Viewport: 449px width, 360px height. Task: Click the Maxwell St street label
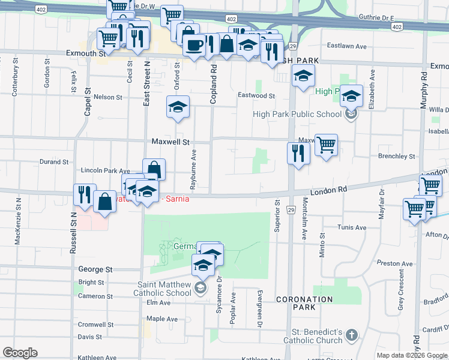pyautogui.click(x=170, y=142)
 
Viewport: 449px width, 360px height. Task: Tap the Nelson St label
pyautogui.click(x=107, y=97)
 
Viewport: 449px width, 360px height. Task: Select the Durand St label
pyautogui.click(x=54, y=162)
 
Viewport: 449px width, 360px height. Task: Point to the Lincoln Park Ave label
pyautogui.click(x=105, y=171)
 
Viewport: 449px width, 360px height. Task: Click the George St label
pyautogui.click(x=95, y=270)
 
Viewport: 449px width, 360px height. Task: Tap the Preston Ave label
pyautogui.click(x=394, y=263)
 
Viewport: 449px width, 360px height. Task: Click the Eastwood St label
pyautogui.click(x=256, y=95)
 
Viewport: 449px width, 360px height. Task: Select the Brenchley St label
pyautogui.click(x=397, y=156)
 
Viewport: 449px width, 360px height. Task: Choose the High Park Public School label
pyautogui.click(x=298, y=114)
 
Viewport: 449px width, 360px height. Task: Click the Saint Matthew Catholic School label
pyautogui.click(x=162, y=289)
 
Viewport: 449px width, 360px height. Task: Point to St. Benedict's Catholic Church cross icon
pyautogui.click(x=352, y=334)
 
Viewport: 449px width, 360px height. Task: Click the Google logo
pyautogui.click(x=20, y=353)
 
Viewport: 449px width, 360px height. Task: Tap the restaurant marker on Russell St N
pyautogui.click(x=83, y=195)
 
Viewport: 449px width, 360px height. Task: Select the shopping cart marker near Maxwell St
pyautogui.click(x=326, y=145)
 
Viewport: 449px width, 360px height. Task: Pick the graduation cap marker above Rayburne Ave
pyautogui.click(x=178, y=107)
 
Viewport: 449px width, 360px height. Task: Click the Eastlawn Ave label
pyautogui.click(x=346, y=46)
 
